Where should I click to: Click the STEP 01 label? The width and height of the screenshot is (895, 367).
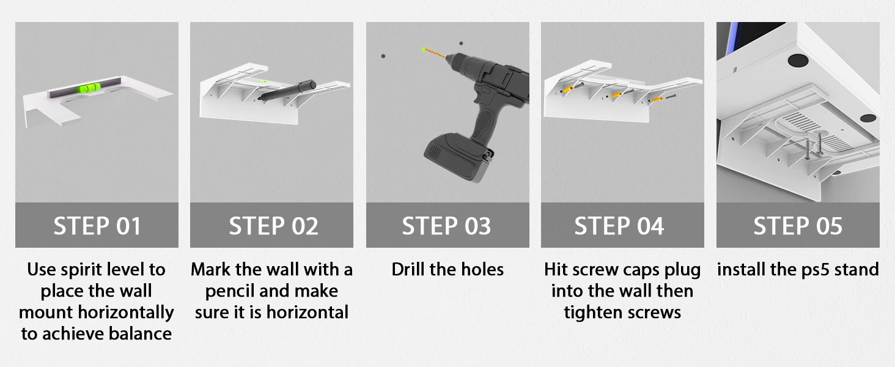(x=97, y=226)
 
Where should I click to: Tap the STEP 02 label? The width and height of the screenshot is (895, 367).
(x=273, y=226)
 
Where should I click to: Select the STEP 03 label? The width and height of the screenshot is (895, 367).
(x=446, y=226)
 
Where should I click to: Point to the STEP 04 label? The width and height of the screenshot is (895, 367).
(x=619, y=226)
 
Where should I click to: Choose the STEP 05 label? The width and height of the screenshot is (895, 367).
(x=798, y=226)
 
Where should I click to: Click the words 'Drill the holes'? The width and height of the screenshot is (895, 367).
(x=447, y=270)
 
